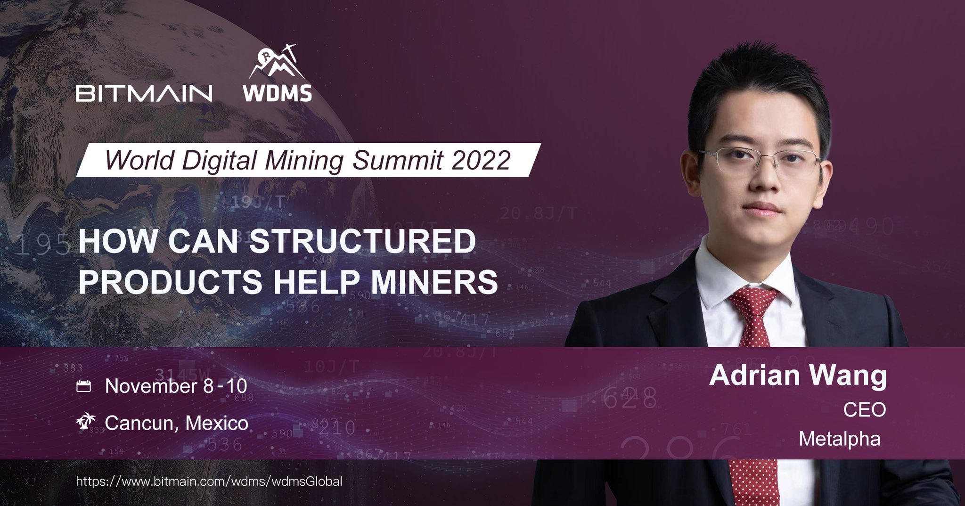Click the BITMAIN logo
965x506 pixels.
pyautogui.click(x=144, y=93)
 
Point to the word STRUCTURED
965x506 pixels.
pyautogui.click(x=362, y=242)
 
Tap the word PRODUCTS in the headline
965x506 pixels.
pyautogui.click(x=170, y=281)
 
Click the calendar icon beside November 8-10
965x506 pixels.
pyautogui.click(x=83, y=387)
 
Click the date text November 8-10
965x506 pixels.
pyautogui.click(x=176, y=386)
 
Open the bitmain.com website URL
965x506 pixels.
pyautogui.click(x=209, y=482)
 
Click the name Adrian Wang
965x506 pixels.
pyautogui.click(x=798, y=375)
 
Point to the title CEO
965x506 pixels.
pyautogui.click(x=864, y=410)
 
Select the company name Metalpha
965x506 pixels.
pyautogui.click(x=839, y=439)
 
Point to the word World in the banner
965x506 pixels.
pyautogui.click(x=139, y=160)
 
